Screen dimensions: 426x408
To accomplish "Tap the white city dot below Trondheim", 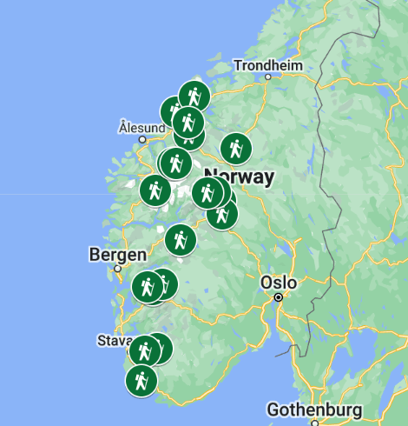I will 268,77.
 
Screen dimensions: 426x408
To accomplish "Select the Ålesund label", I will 141,127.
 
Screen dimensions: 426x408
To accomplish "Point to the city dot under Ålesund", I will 141,138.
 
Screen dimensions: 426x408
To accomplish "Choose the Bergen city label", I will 113,255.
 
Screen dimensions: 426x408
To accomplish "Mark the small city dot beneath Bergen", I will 118,269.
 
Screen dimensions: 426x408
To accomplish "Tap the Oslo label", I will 279,283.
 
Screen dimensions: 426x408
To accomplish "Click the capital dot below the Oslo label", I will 279,297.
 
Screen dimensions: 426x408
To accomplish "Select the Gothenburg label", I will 313,409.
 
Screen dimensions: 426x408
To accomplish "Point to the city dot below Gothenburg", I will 314,423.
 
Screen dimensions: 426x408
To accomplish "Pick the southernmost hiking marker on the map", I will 141,381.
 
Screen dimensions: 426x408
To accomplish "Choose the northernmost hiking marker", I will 194,96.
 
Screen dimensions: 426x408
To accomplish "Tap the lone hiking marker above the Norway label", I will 235,149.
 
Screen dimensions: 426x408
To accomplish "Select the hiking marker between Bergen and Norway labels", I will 180,240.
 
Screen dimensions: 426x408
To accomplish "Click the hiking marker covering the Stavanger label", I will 145,350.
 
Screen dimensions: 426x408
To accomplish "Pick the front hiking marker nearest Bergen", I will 147,286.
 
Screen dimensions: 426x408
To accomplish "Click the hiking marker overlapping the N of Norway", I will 207,192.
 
